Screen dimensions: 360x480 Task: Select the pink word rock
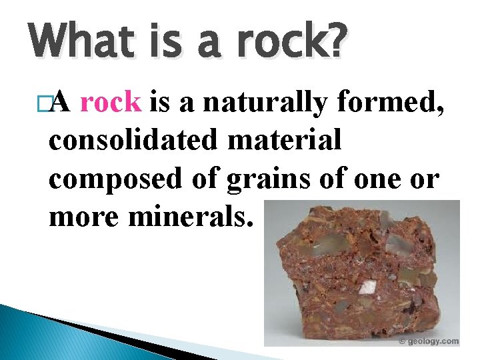click(110, 103)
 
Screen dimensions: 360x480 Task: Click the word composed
click(111, 180)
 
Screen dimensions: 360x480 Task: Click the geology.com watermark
click(432, 341)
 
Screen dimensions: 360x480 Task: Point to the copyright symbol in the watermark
click(402, 341)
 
